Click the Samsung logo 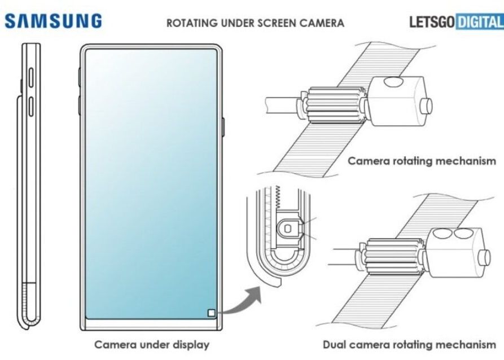tap(54, 21)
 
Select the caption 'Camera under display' tap(151, 344)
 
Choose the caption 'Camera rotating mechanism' tap(422, 161)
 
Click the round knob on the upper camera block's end tap(427, 107)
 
